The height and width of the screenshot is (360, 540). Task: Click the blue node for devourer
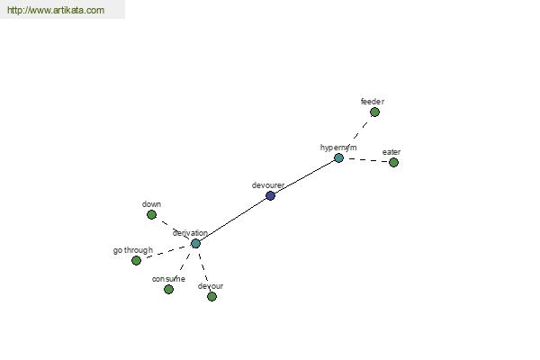coord(270,195)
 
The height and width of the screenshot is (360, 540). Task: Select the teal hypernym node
coord(339,158)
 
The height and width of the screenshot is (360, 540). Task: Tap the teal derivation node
coord(195,244)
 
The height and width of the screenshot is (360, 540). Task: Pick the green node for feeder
coord(374,112)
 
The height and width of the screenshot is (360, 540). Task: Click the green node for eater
coord(393,162)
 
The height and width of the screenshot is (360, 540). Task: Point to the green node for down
coord(151,214)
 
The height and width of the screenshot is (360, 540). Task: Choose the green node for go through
coord(137,260)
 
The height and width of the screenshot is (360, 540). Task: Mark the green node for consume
coord(168,289)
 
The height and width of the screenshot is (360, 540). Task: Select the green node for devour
coord(211,296)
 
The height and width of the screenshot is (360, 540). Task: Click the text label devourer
coord(268,185)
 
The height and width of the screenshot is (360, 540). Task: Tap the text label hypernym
coord(338,148)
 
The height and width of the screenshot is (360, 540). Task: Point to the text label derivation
coord(190,233)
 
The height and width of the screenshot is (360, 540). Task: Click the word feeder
coord(373,102)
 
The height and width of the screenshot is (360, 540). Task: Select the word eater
coord(391,152)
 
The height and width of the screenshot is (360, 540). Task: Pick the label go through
coord(133,250)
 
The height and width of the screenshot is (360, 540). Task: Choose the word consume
coord(168,279)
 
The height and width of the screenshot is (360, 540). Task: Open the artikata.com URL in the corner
coord(56,10)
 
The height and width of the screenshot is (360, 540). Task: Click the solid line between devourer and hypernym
coord(305,176)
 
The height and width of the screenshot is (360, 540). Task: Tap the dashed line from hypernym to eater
coord(366,160)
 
